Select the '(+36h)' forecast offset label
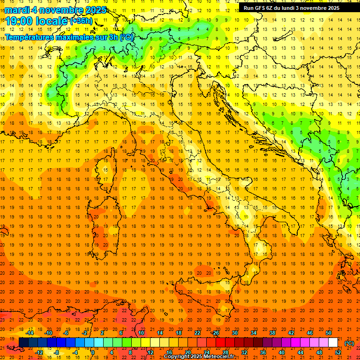point(81,21)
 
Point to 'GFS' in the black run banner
point(261,8)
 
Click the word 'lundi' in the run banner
point(291,8)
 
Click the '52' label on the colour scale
point(338,352)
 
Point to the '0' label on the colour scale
point(93,352)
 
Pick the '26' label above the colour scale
point(216,333)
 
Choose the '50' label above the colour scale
point(329,333)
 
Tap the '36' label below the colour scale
point(262,352)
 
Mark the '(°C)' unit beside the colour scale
point(349,343)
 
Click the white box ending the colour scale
point(333,343)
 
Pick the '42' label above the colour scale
point(291,333)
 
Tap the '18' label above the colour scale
point(178,333)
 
